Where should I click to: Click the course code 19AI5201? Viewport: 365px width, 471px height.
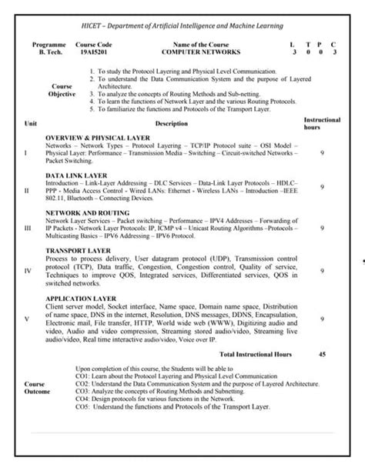95,52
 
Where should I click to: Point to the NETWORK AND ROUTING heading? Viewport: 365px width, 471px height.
87,212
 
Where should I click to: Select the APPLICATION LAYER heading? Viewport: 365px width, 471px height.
81,297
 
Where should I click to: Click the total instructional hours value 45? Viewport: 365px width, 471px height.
322,355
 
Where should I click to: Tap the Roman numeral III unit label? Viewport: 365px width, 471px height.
28,229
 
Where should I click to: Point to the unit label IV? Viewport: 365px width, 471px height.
28,271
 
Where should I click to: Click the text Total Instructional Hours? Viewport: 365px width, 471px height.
257,355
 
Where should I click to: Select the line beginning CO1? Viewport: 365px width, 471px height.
180,376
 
